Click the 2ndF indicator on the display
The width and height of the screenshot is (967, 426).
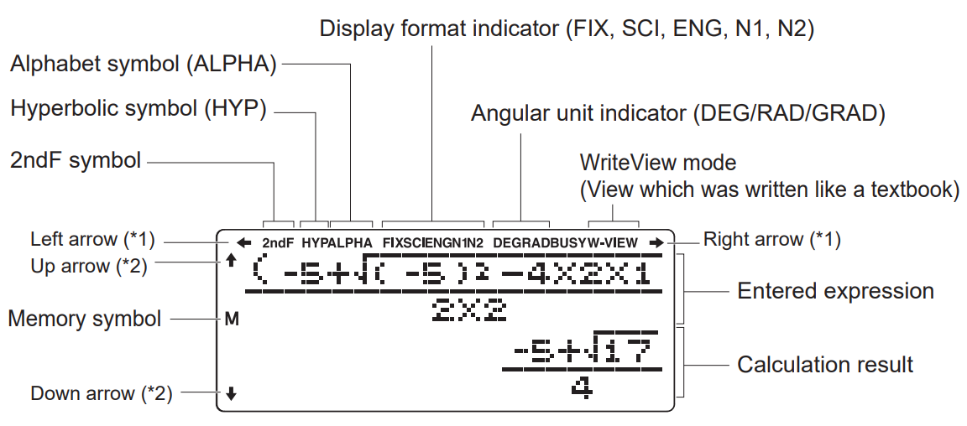pyautogui.click(x=277, y=243)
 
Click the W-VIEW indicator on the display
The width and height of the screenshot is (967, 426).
pyautogui.click(x=614, y=243)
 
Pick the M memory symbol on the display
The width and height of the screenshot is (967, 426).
pyautogui.click(x=232, y=319)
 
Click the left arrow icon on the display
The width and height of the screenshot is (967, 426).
pyautogui.click(x=244, y=243)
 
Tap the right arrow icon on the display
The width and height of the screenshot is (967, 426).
pyautogui.click(x=656, y=243)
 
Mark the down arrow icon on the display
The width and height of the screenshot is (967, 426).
pyautogui.click(x=232, y=392)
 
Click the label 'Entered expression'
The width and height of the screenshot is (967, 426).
pyautogui.click(x=835, y=291)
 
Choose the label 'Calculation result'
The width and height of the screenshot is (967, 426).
pyautogui.click(x=825, y=365)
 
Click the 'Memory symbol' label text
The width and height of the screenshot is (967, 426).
pyautogui.click(x=85, y=319)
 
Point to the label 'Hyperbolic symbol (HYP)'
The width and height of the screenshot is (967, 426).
pyautogui.click(x=139, y=109)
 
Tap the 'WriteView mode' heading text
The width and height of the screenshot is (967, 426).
pyautogui.click(x=658, y=162)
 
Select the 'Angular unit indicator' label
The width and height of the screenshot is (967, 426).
pyautogui.click(x=678, y=113)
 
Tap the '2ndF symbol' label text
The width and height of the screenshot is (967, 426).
pyautogui.click(x=76, y=160)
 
